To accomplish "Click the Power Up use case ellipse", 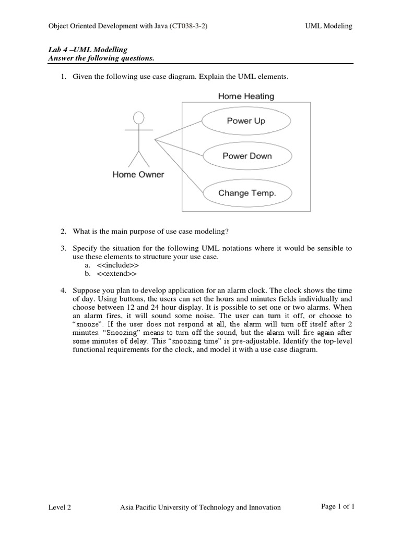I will pyautogui.click(x=245, y=121).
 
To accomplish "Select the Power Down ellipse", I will pyautogui.click(x=246, y=156).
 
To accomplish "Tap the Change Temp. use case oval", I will pyautogui.click(x=246, y=193).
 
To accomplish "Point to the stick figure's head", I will pyautogui.click(x=138, y=117).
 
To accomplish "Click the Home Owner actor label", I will pyautogui.click(x=138, y=175).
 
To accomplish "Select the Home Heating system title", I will pyautogui.click(x=245, y=96).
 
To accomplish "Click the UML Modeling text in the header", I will pyautogui.click(x=328, y=26).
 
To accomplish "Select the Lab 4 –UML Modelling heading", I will pyautogui.click(x=88, y=50).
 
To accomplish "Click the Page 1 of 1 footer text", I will pyautogui.click(x=338, y=506).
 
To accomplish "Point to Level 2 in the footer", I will pyautogui.click(x=60, y=507).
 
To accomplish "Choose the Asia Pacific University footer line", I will pyautogui.click(x=200, y=507).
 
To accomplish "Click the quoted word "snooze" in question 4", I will pyautogui.click(x=87, y=324).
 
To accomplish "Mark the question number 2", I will pyautogui.click(x=63, y=231).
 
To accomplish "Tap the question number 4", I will pyautogui.click(x=63, y=290).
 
